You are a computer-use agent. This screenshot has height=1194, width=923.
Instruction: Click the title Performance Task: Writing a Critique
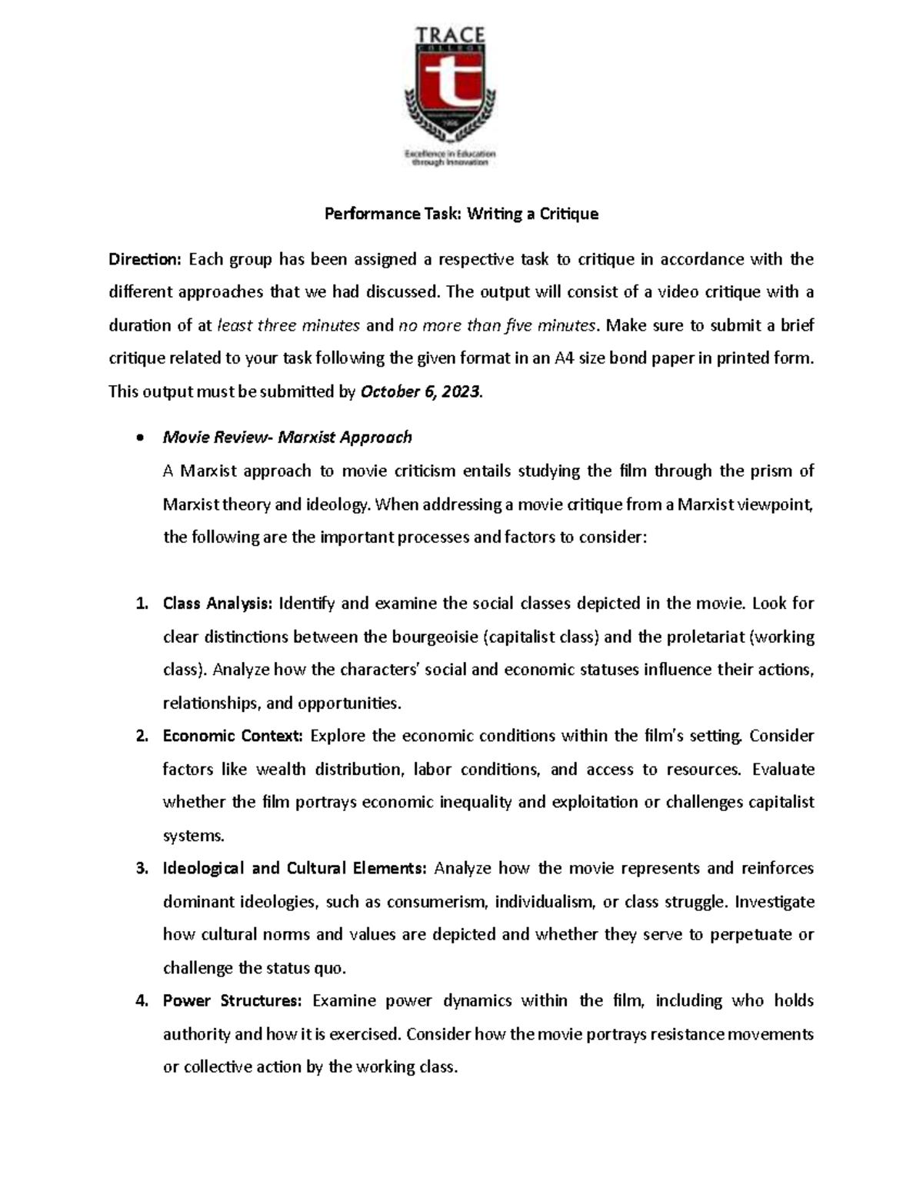(x=461, y=214)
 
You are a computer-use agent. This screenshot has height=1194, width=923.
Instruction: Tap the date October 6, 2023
(x=420, y=392)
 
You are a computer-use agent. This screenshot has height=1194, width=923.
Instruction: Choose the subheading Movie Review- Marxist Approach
(x=287, y=437)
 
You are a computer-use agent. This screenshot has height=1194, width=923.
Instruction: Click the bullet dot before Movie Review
(x=138, y=438)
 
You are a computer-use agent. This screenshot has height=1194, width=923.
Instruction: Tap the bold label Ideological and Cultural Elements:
(x=295, y=869)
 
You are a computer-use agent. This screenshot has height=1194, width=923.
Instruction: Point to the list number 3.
(x=141, y=869)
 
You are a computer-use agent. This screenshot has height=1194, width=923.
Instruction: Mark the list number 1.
(x=141, y=604)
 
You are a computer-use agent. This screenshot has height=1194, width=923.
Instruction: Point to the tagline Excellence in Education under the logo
(x=450, y=154)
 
